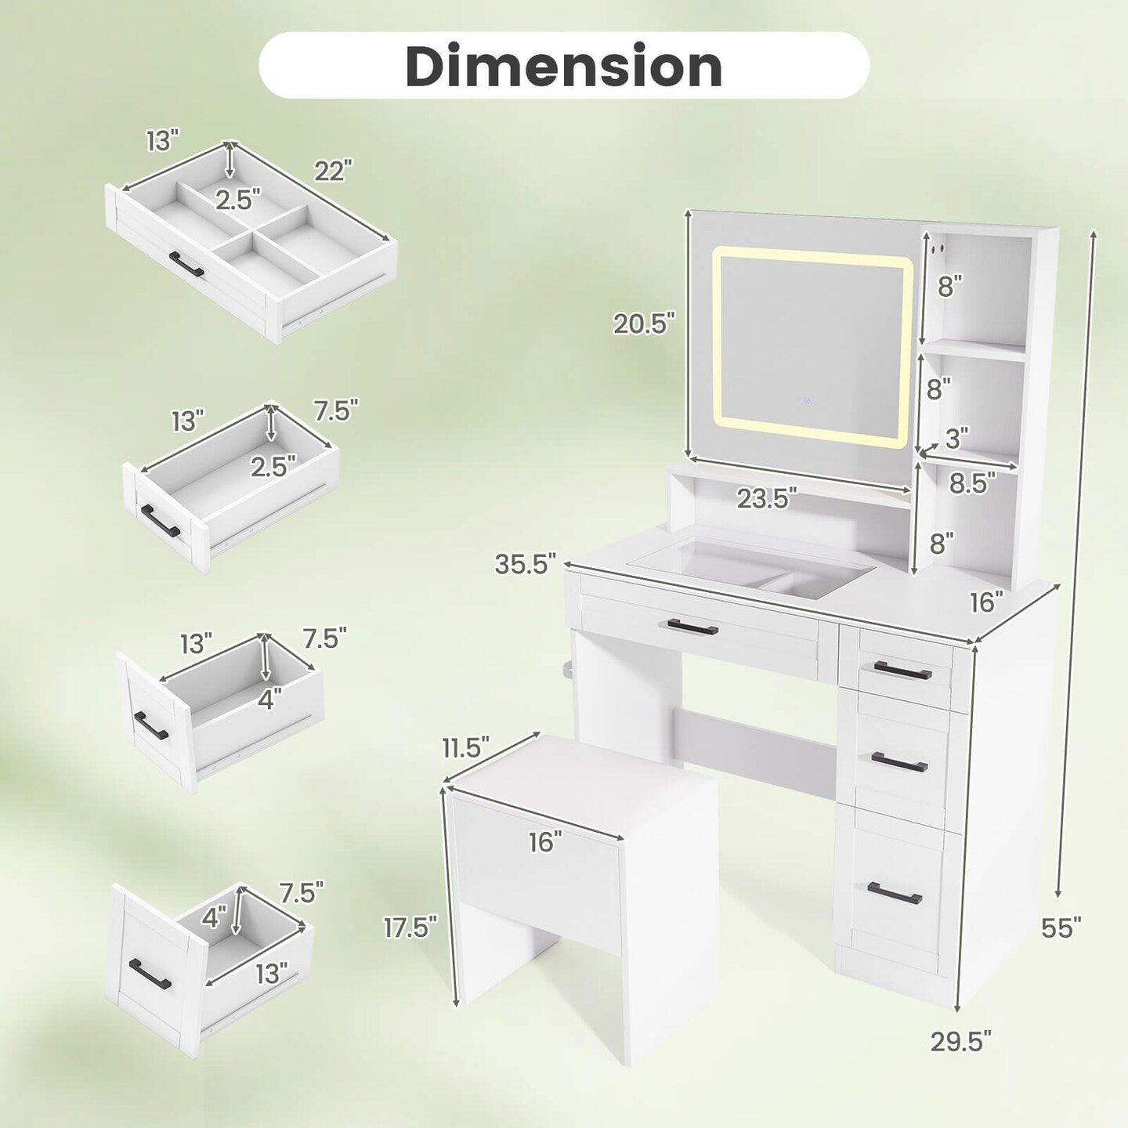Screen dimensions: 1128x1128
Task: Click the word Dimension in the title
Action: [x=564, y=66]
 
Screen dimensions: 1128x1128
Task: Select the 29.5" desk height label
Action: [x=961, y=1057]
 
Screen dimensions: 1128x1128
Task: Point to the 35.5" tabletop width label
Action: [x=525, y=564]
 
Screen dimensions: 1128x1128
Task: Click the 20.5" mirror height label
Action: [x=644, y=323]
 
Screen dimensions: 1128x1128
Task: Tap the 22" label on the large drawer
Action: [x=334, y=171]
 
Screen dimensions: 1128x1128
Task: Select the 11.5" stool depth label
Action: [x=465, y=747]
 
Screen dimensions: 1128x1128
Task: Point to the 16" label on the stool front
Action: [x=545, y=842]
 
